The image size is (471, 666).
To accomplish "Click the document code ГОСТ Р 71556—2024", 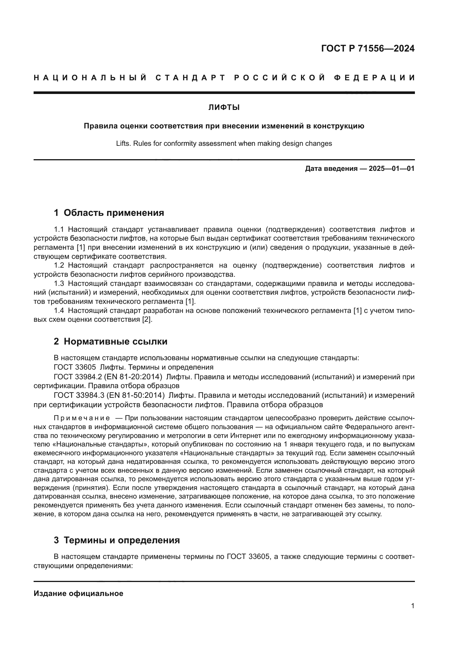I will click(368, 48).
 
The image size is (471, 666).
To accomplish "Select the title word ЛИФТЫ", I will click(224, 108).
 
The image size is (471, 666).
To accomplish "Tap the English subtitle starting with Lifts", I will click(224, 143).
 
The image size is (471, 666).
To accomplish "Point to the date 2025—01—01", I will click(392, 169).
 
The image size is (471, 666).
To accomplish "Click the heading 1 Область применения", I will click(109, 213).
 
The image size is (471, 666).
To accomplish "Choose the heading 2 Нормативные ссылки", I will click(110, 341).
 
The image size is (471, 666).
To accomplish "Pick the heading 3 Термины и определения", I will click(116, 540).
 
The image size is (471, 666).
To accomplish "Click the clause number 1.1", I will click(59, 229).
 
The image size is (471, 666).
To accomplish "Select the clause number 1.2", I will click(59, 265).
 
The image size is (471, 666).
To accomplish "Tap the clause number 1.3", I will click(59, 283).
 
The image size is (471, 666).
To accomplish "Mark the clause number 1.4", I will click(59, 310).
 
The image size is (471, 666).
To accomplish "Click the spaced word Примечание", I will click(82, 418).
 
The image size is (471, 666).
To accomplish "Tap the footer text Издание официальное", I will click(78, 593).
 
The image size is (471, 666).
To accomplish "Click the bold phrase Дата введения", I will click(331, 169).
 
